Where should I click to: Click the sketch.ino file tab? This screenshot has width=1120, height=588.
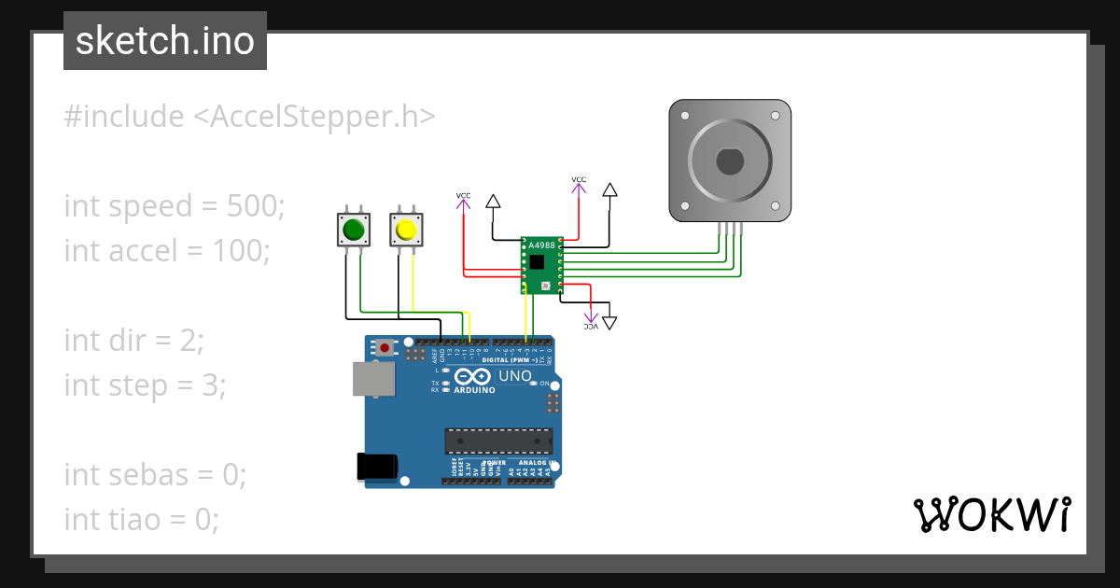[165, 41]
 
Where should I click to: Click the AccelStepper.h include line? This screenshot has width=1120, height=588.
[249, 117]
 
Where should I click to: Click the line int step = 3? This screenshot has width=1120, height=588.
[145, 385]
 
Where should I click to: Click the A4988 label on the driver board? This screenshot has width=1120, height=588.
[540, 246]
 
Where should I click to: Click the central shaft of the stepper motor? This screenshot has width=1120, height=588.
[730, 161]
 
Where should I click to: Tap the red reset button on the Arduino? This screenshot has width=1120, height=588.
[384, 348]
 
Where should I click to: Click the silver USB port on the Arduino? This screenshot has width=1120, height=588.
[372, 378]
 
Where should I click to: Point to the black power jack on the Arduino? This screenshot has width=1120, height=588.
[378, 467]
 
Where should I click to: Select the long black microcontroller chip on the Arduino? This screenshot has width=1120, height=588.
[498, 440]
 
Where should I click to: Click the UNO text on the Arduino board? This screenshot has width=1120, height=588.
[515, 376]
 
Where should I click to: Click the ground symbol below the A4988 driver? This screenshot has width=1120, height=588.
[609, 323]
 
